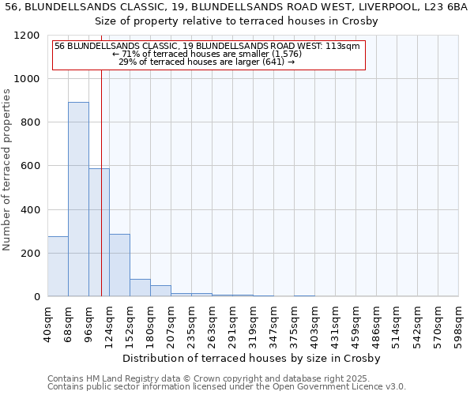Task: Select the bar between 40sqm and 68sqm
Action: [58, 266]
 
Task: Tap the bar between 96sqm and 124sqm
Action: [99, 232]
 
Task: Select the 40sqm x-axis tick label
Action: [47, 322]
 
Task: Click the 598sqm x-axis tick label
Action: [459, 322]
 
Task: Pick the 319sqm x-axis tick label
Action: [254, 322]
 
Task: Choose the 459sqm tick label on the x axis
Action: [356, 322]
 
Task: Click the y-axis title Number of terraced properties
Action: [7, 170]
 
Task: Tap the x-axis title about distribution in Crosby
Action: [252, 359]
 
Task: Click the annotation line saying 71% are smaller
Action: [208, 54]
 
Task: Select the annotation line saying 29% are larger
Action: [207, 62]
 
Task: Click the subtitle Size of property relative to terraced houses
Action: [236, 21]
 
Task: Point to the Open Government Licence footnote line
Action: [227, 387]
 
